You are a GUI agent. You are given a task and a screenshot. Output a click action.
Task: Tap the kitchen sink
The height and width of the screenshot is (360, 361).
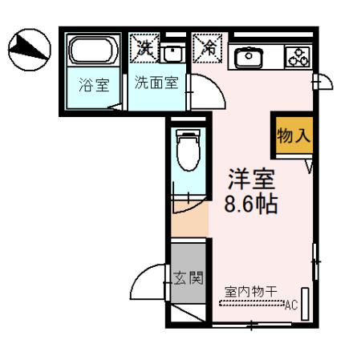coord(248,56)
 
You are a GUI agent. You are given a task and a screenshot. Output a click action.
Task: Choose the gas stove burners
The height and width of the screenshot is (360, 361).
coord(298,57)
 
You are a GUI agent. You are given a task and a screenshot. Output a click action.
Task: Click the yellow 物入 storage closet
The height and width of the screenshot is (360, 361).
coord(292,136)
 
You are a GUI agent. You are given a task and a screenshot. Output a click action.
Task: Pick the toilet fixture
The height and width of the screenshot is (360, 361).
coord(187,152)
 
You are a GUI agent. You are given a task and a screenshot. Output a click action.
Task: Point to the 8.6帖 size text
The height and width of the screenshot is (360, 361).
coord(250,204)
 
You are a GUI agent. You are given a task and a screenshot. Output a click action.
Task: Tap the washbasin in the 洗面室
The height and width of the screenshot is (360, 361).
coord(170,53)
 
